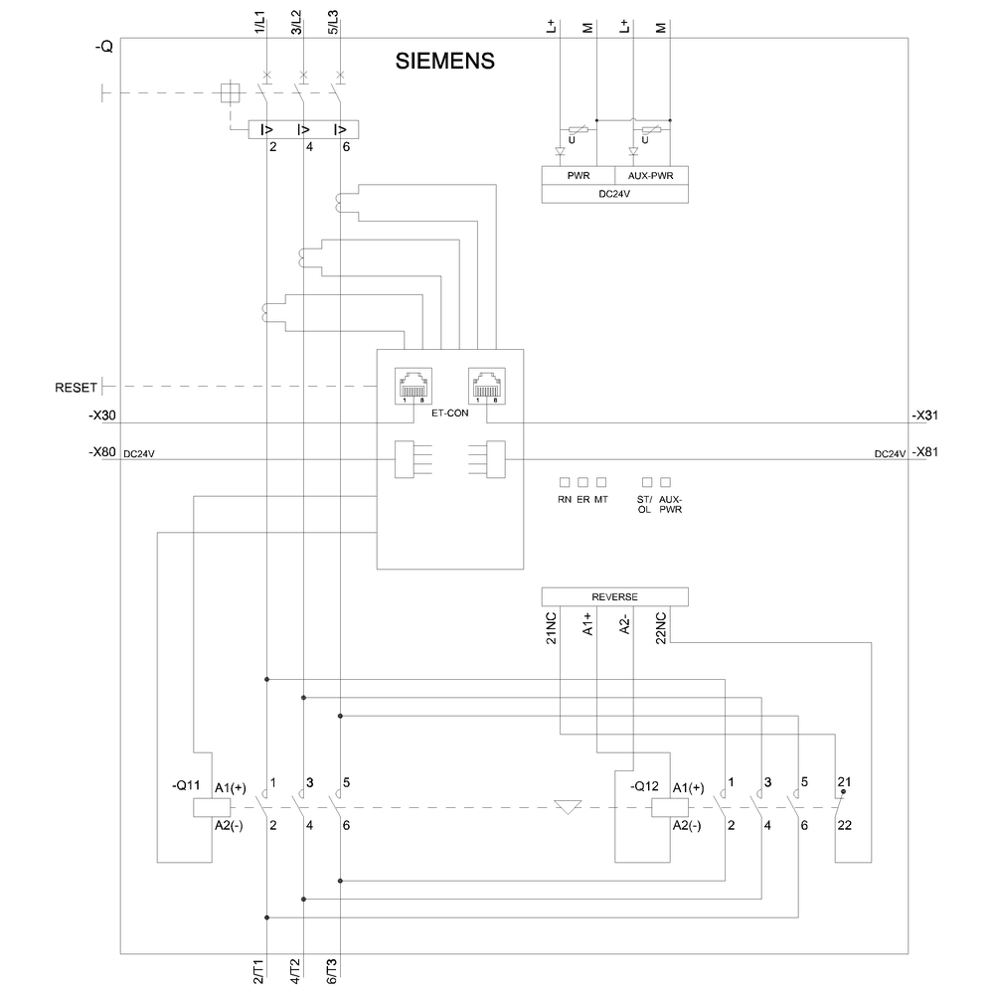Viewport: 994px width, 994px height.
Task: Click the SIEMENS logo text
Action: pyautogui.click(x=446, y=61)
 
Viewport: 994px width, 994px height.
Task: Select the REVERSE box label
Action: pyautogui.click(x=614, y=596)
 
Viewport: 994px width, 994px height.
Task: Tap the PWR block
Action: pyautogui.click(x=578, y=176)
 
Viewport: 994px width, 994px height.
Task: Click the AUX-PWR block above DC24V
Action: pyautogui.click(x=650, y=176)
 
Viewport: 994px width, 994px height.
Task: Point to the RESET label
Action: pyautogui.click(x=78, y=387)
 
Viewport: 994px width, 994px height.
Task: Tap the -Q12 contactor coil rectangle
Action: pyautogui.click(x=663, y=806)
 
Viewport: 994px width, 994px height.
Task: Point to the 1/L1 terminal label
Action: pyautogui.click(x=259, y=21)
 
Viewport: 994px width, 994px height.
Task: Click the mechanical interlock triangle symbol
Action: pyautogui.click(x=567, y=807)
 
